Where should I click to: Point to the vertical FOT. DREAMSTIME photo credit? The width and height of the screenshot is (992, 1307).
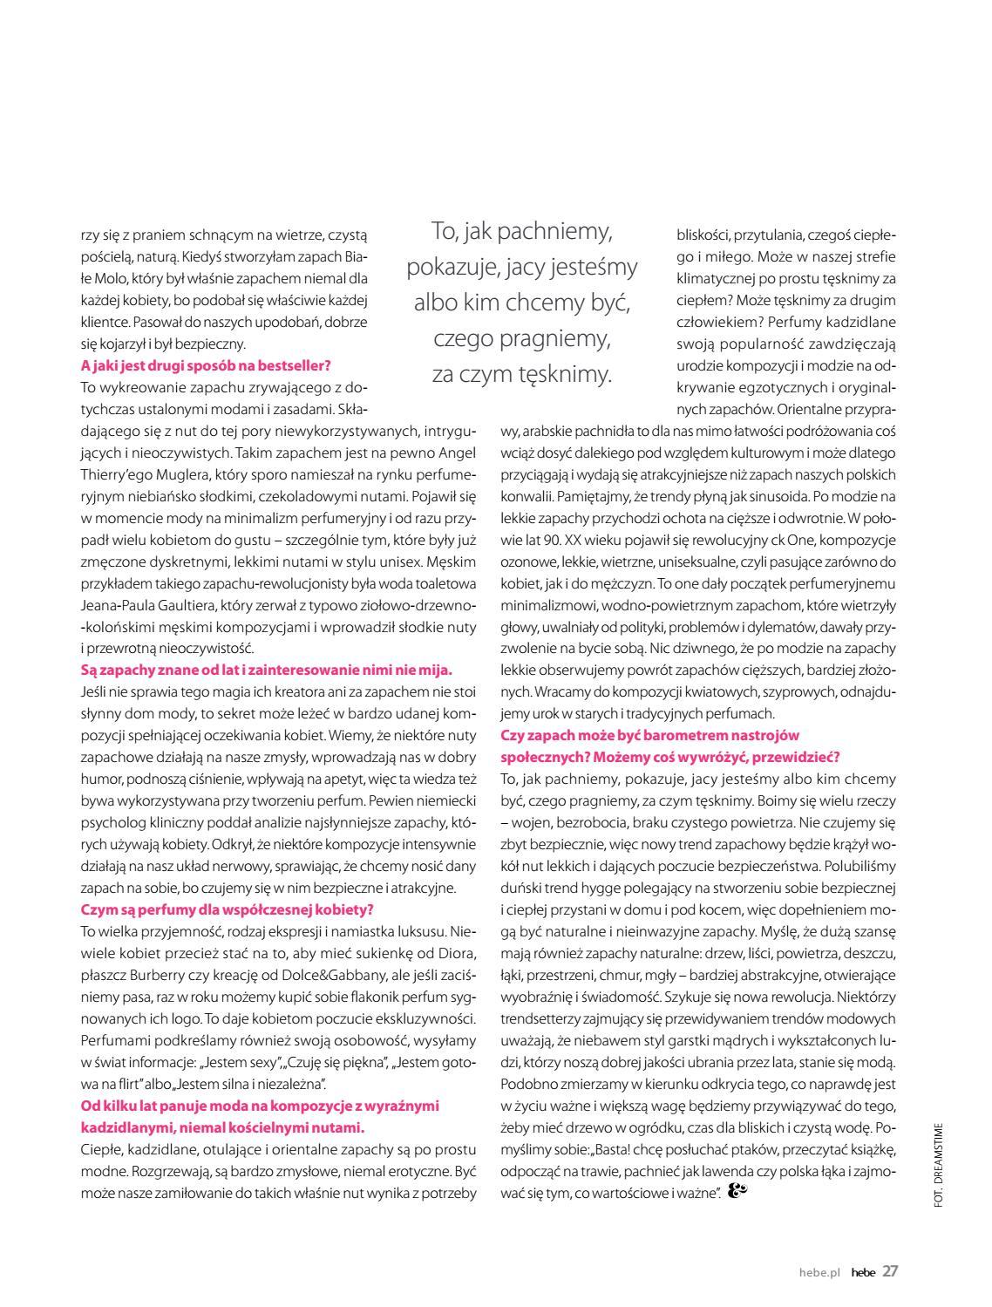(x=938, y=1164)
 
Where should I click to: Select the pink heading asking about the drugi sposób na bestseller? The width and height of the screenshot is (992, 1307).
(x=206, y=365)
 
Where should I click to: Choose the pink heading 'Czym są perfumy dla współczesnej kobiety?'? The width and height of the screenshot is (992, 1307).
(x=227, y=909)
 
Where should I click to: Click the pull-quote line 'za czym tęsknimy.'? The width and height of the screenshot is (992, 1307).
(x=522, y=374)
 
